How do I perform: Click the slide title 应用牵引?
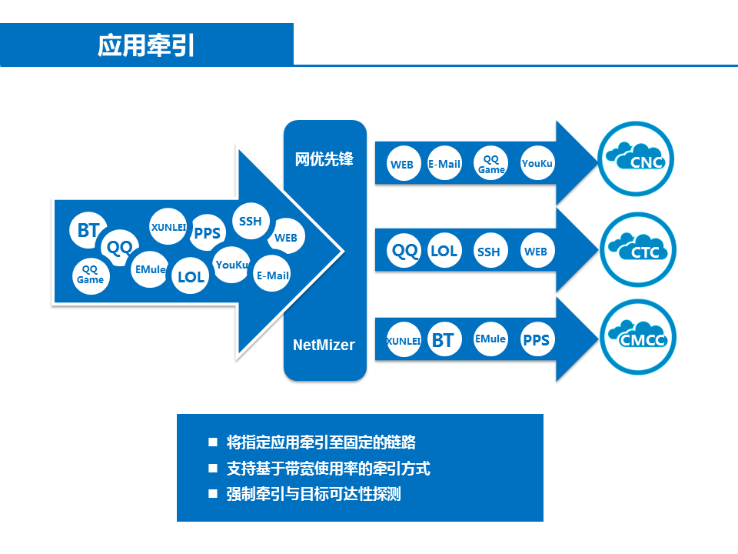coord(146,45)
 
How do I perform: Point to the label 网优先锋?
coord(324,159)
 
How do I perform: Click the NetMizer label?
coord(324,345)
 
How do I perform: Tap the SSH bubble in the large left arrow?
coord(251,222)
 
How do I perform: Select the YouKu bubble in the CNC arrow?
coord(537,163)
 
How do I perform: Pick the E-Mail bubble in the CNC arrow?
coord(444,163)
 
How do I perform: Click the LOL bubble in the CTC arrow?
coord(444,251)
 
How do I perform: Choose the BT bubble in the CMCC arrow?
coord(443,339)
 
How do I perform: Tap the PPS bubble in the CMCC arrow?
coord(536,339)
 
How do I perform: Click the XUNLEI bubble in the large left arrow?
coord(168,227)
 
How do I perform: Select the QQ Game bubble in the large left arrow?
coord(90,275)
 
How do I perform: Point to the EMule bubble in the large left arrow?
coord(149,269)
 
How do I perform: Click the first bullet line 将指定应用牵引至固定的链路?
coord(321,442)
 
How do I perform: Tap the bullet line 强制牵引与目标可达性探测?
coord(314,494)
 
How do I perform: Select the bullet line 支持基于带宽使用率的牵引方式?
coord(328,468)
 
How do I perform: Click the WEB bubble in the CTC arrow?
coord(536,251)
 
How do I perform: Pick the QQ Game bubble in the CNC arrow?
coord(491,163)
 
